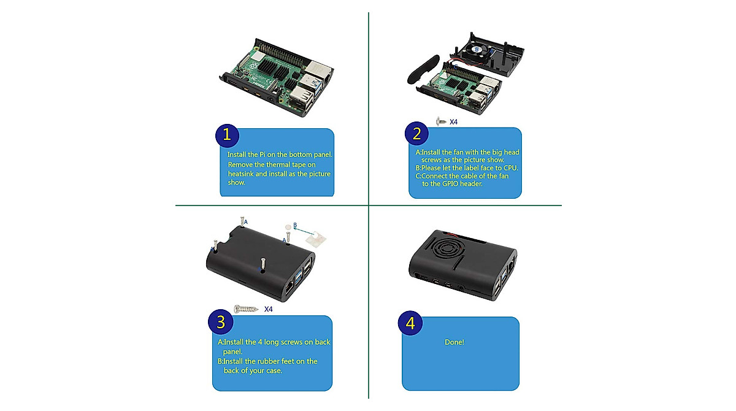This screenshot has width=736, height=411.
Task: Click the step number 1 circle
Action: tap(227, 134)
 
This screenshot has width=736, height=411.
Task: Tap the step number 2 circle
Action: tap(416, 133)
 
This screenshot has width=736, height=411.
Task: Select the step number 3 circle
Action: tap(220, 321)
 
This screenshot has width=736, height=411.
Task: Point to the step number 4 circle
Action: tap(410, 323)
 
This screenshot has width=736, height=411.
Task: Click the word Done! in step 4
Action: tap(454, 342)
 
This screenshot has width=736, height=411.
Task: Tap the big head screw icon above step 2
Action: tap(440, 121)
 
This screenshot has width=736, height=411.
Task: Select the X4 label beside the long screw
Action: tap(269, 309)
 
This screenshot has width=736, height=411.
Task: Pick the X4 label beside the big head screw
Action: tap(454, 122)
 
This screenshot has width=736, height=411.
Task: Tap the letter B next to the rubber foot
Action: tap(295, 226)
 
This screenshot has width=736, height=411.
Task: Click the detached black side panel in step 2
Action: tap(423, 69)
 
